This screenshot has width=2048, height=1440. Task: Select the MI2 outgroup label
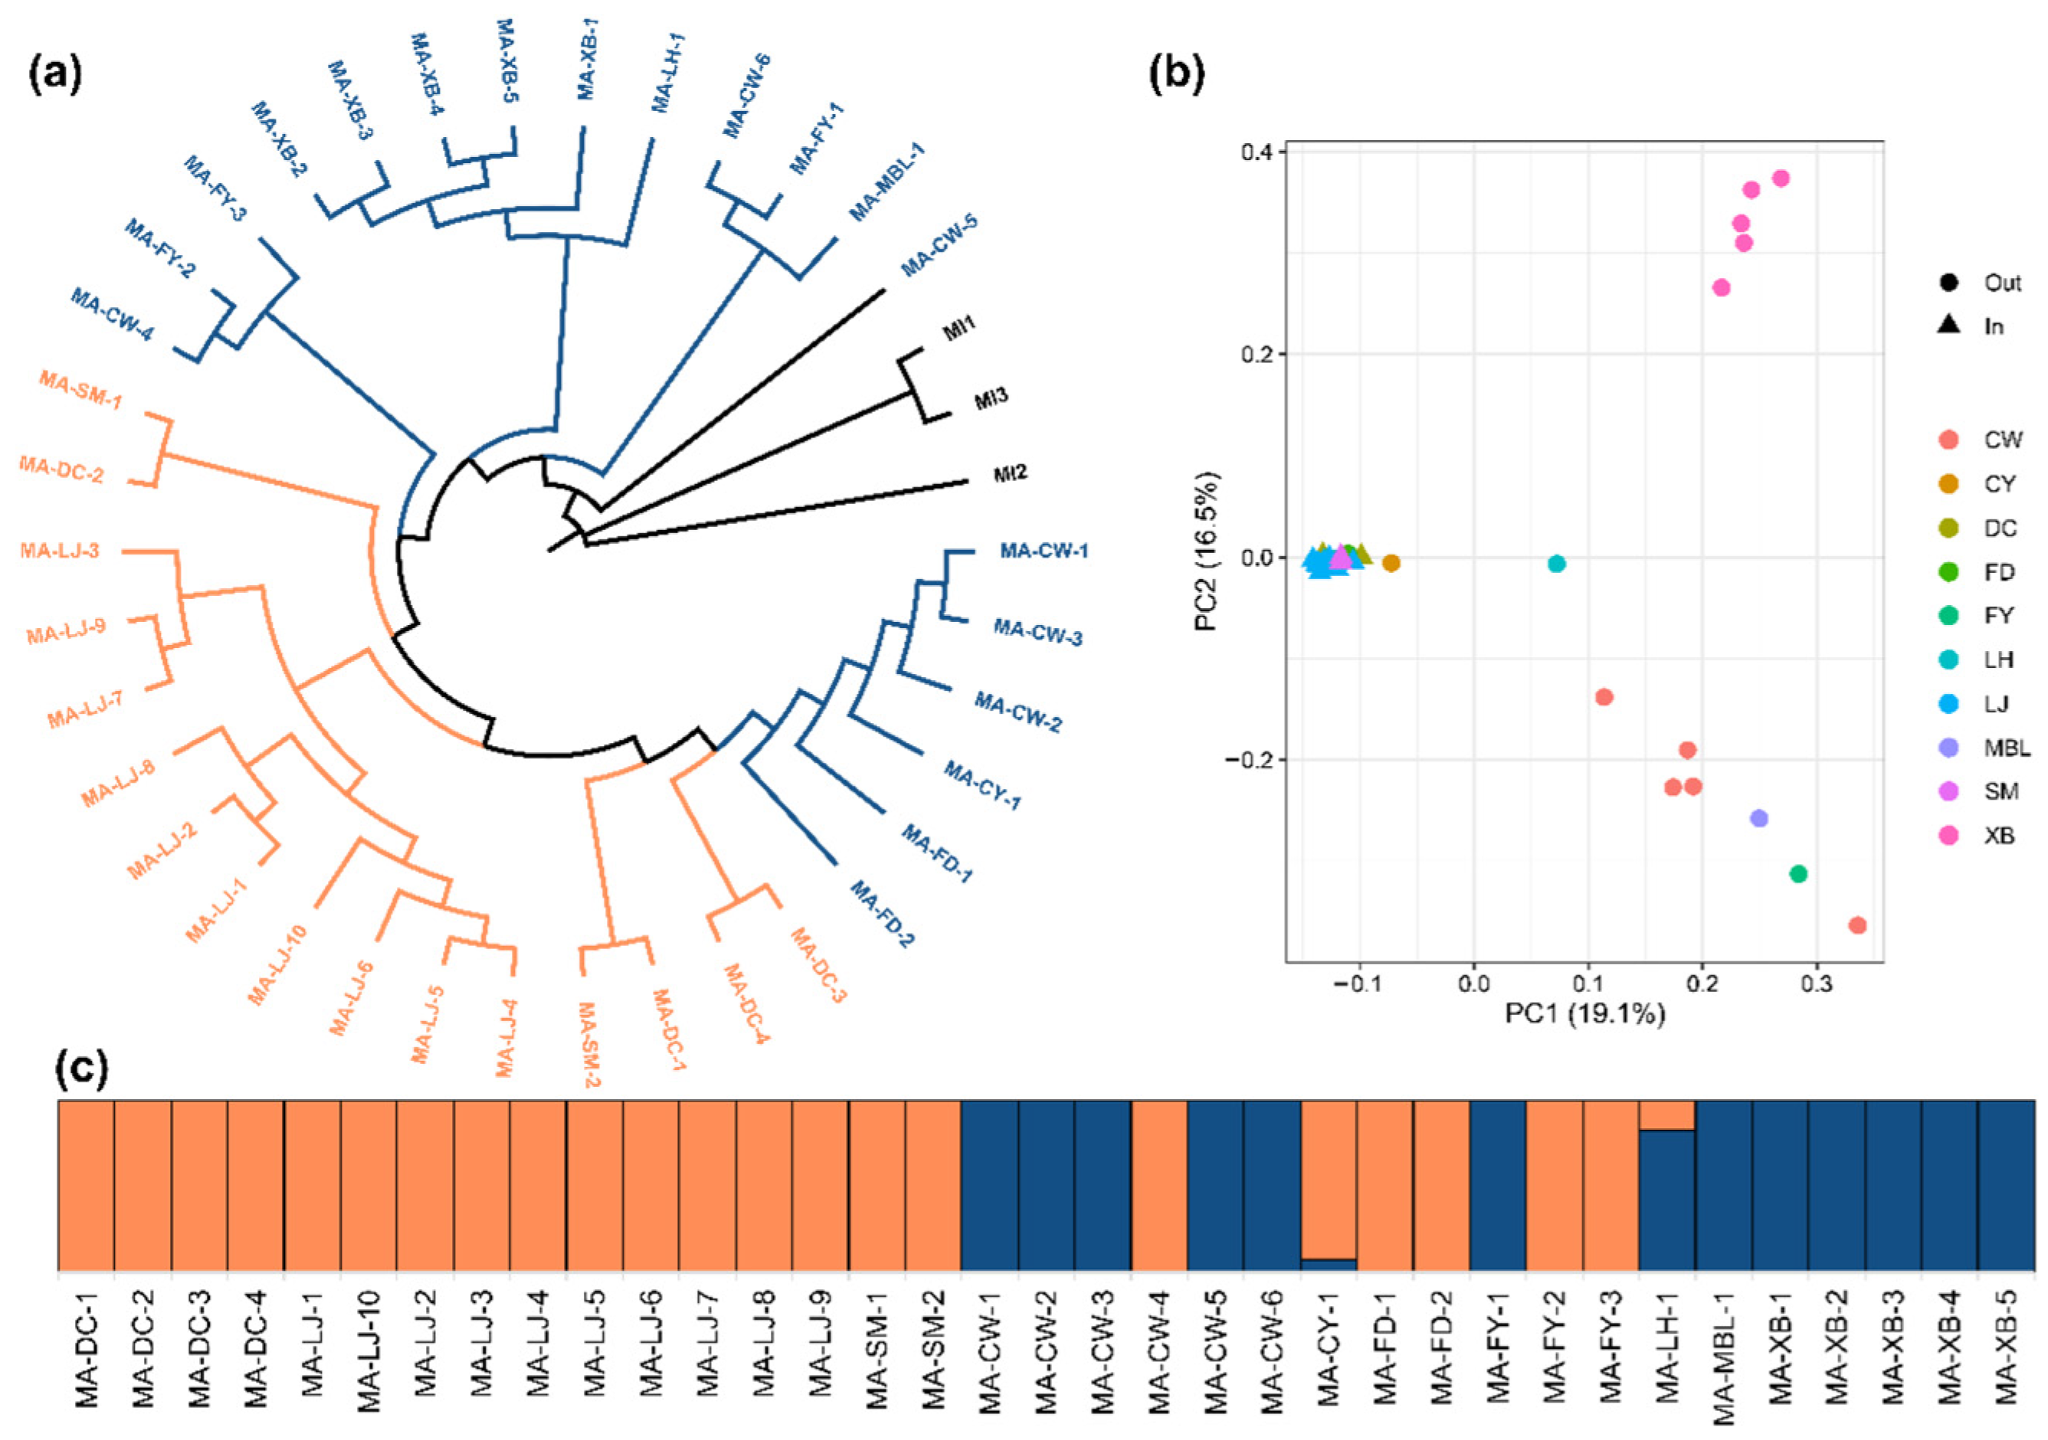click(1011, 473)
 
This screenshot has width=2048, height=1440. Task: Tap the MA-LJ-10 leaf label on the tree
click(277, 966)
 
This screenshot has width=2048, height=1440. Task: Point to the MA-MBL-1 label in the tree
click(886, 182)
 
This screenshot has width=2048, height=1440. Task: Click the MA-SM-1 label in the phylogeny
click(80, 390)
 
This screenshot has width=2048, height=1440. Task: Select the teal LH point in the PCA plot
click(1557, 564)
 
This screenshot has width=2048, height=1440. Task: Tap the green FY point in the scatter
click(1798, 874)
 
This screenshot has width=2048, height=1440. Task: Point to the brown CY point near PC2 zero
click(1391, 563)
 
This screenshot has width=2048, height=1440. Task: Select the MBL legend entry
click(1984, 748)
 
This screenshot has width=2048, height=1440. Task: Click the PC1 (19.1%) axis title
click(1585, 1014)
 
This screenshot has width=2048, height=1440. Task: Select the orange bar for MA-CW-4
click(1158, 1185)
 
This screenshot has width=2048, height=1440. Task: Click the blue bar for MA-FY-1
click(1498, 1185)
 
